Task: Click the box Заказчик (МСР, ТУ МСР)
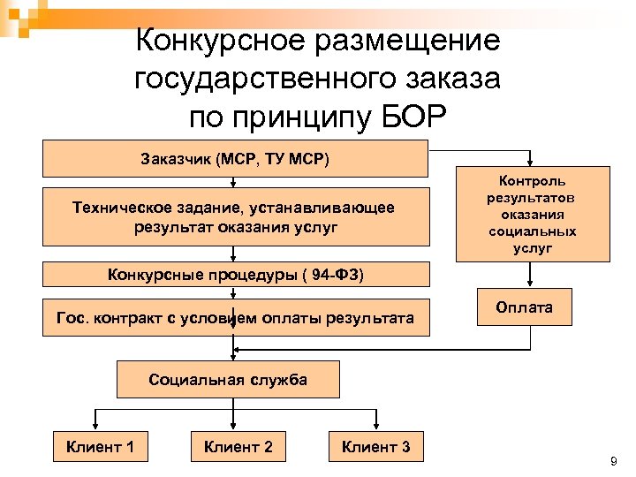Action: pos(234,159)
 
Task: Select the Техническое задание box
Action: pos(234,217)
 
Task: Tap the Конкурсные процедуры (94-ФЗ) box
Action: pos(234,275)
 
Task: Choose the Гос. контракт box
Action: pos(234,317)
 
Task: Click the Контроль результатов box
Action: pos(532,215)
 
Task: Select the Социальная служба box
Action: pos(228,381)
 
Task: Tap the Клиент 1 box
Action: pos(100,447)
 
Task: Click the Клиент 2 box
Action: pos(238,447)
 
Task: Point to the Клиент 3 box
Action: pos(375,447)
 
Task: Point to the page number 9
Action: pos(613,462)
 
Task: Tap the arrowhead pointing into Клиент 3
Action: pos(371,428)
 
